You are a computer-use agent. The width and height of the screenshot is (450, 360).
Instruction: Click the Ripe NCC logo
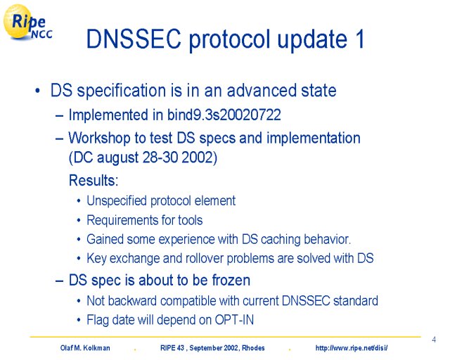pos(27,22)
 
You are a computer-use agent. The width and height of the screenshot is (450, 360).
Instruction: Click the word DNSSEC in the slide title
pos(134,39)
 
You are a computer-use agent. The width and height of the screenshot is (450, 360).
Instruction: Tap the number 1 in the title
pos(359,39)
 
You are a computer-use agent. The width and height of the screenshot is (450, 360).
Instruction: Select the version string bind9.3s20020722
pos(224,115)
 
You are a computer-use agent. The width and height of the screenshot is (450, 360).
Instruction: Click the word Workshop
pos(99,139)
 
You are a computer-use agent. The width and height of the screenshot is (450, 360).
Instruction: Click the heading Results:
pos(94,181)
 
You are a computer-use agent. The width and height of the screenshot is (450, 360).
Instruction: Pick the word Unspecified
pos(117,201)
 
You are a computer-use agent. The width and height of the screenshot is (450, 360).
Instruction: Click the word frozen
pos(231,280)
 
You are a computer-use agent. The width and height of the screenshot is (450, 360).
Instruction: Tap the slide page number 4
pos(434,340)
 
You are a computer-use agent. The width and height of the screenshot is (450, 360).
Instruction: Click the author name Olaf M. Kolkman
pos(85,348)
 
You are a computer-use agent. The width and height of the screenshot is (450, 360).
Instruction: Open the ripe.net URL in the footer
pos(352,348)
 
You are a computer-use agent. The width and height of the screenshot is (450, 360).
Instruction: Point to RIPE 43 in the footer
pos(172,348)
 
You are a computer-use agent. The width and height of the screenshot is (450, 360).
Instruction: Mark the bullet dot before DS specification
pos(37,91)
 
